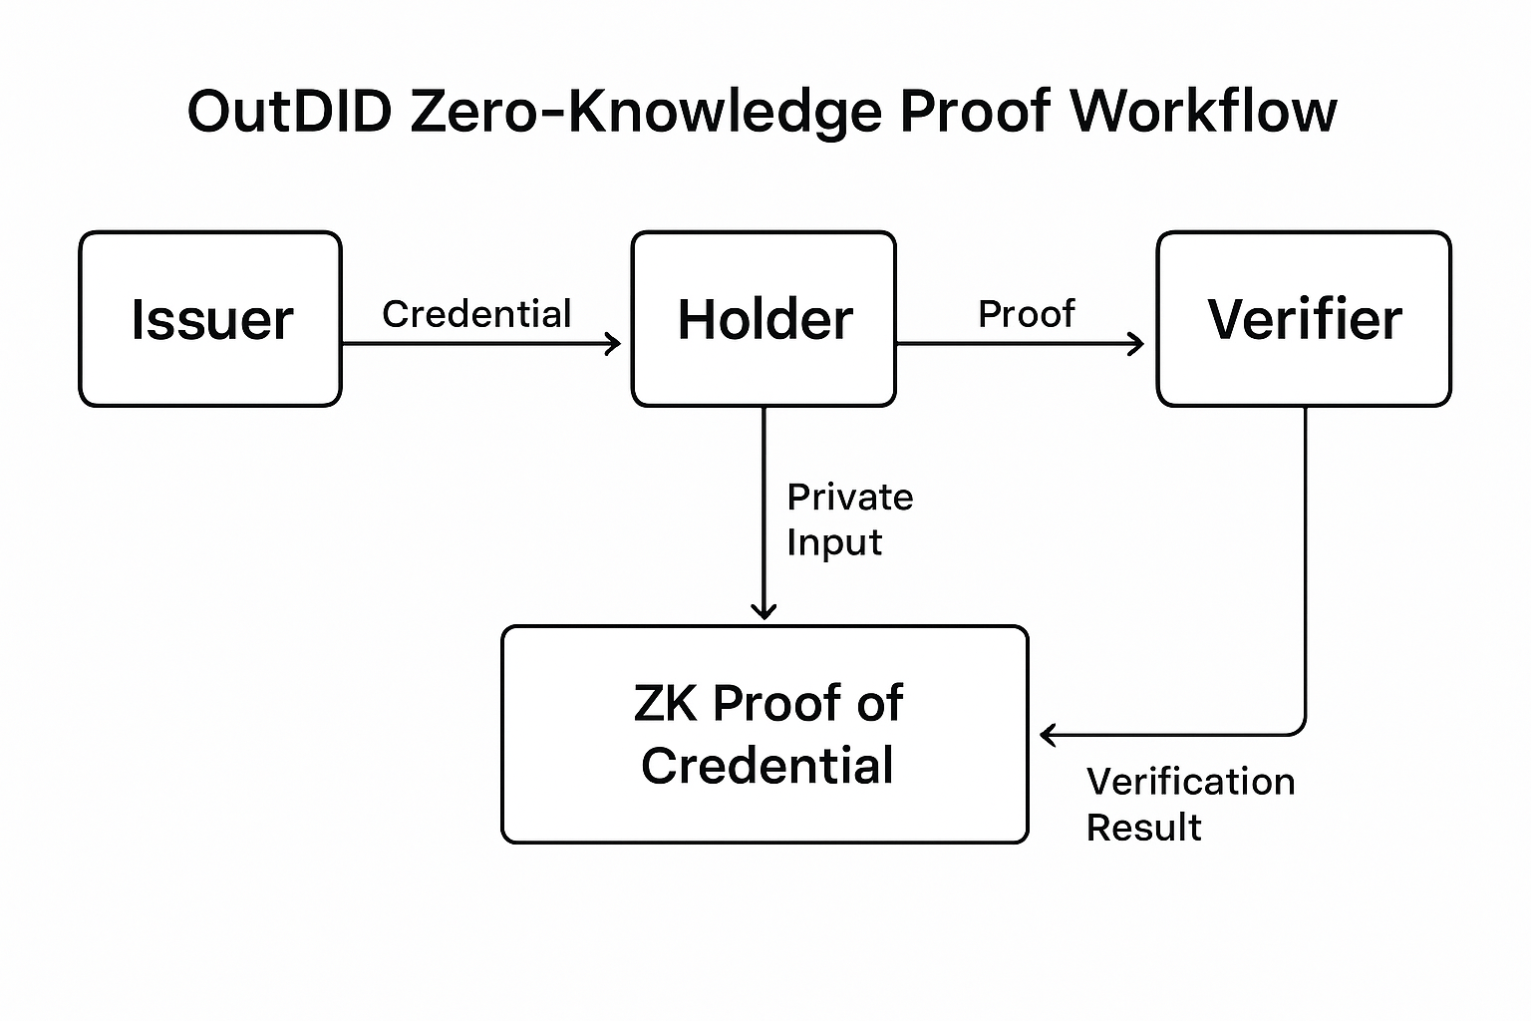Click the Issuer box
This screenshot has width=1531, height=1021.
[210, 319]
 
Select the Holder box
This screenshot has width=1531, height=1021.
[764, 319]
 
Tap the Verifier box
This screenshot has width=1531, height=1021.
[1304, 319]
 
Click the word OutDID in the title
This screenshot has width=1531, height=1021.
[290, 111]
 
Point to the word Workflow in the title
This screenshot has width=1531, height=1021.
[1203, 111]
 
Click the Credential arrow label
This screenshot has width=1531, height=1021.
[476, 314]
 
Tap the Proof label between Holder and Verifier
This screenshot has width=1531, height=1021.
[1026, 314]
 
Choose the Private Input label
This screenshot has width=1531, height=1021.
[849, 519]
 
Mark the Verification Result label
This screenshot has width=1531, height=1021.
[1190, 804]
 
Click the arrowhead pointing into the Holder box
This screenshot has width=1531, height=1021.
[614, 344]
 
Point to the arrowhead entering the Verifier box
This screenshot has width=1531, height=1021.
[1137, 344]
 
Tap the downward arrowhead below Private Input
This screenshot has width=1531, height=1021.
[764, 611]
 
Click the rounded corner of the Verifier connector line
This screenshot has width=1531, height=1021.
[1298, 729]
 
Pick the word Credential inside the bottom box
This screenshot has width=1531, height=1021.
[767, 766]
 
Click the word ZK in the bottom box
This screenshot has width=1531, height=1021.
[665, 703]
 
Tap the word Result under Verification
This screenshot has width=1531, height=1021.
[1143, 828]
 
